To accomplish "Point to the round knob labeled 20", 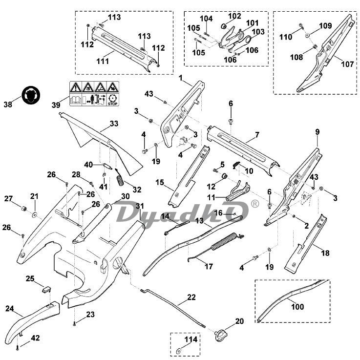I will [220, 335].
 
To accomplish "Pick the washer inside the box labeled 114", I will [178, 351].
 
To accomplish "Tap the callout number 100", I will [297, 307].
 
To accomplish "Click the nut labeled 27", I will [21, 210].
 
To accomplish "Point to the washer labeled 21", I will [35, 214].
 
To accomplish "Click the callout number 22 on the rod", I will [191, 297].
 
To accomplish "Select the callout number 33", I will [113, 124].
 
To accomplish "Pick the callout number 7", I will [257, 134].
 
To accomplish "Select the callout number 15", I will [160, 182].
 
